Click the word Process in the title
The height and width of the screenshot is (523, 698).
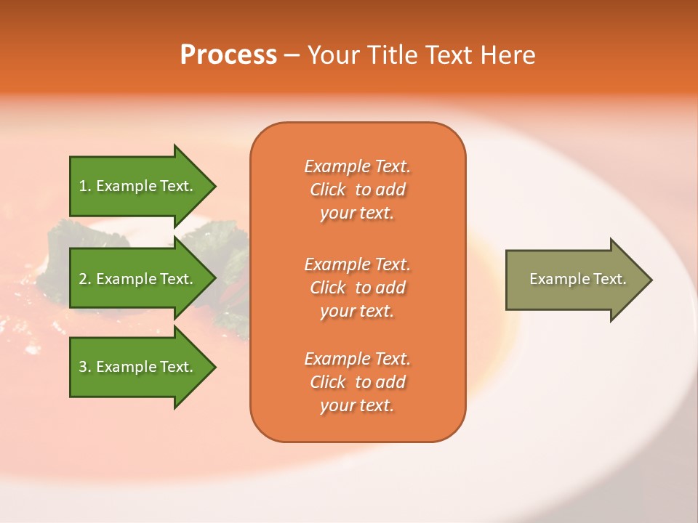tap(228, 54)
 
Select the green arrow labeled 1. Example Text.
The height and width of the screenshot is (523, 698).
tap(138, 186)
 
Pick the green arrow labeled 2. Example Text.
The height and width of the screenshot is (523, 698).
tap(138, 279)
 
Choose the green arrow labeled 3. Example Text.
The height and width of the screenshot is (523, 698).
tap(138, 367)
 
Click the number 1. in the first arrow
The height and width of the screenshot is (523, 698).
tap(85, 186)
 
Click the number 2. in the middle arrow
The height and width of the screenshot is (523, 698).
tap(85, 279)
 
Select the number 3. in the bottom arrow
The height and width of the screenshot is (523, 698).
tap(85, 367)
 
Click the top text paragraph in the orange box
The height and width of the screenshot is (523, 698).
tap(357, 190)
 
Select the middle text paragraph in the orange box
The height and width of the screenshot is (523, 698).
tap(357, 287)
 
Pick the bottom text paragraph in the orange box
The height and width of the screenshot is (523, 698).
tap(357, 382)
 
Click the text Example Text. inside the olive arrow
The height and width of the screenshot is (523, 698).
tap(577, 279)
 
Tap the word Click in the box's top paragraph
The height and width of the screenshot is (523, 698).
tap(327, 190)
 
